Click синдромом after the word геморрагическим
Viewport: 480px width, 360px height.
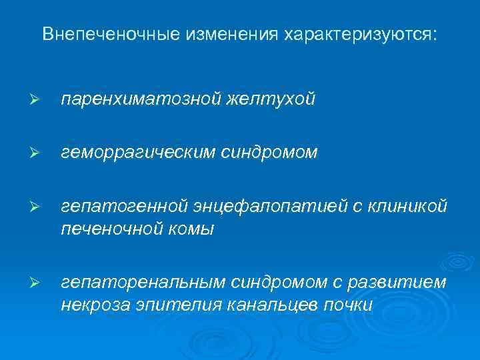click(x=270, y=154)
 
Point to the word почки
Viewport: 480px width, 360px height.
click(x=350, y=306)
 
